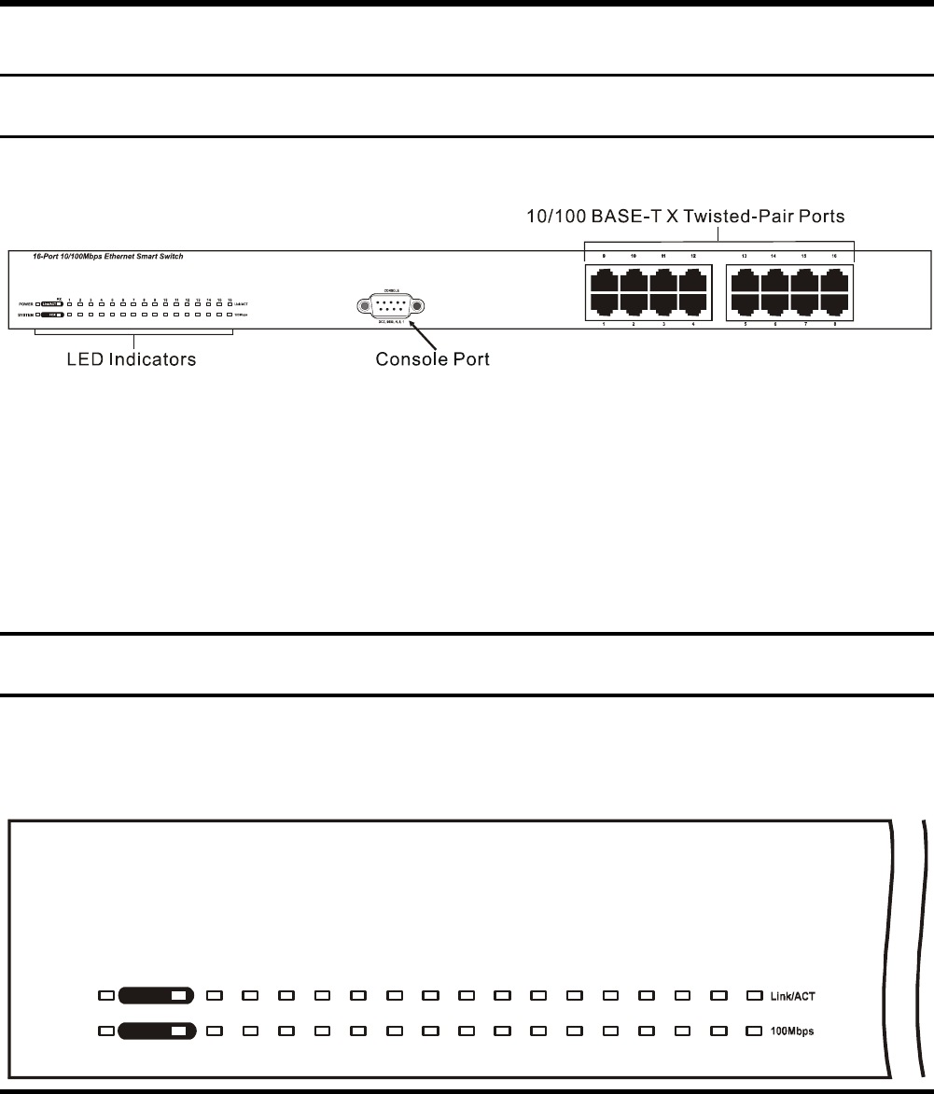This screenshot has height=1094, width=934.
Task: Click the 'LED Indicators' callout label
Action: click(132, 358)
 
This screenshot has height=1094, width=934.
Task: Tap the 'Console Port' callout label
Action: click(431, 358)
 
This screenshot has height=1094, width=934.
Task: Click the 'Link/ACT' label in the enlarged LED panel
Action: click(792, 995)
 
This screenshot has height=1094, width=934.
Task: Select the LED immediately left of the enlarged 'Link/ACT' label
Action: click(753, 995)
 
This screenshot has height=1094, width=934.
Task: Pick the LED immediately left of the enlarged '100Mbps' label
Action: click(753, 1031)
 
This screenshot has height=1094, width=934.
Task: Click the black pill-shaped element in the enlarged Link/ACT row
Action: click(156, 995)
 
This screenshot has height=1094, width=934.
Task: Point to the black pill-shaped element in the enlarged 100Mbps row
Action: click(156, 1031)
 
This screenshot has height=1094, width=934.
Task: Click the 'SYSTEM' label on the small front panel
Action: click(24, 316)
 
